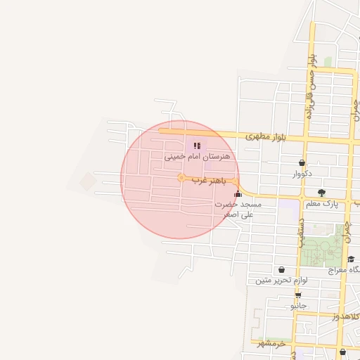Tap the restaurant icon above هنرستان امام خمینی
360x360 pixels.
(196, 146)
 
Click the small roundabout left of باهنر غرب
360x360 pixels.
(181, 179)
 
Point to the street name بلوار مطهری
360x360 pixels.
(264, 136)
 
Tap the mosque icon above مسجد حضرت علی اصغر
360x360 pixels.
(238, 193)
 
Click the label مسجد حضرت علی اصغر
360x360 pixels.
(238, 209)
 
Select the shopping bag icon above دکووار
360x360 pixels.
(302, 162)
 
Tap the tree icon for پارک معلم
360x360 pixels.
(321, 193)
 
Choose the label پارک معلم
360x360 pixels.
(321, 204)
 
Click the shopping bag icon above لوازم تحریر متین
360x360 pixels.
(281, 269)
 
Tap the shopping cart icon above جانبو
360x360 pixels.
(298, 295)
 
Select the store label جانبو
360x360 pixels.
(298, 306)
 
